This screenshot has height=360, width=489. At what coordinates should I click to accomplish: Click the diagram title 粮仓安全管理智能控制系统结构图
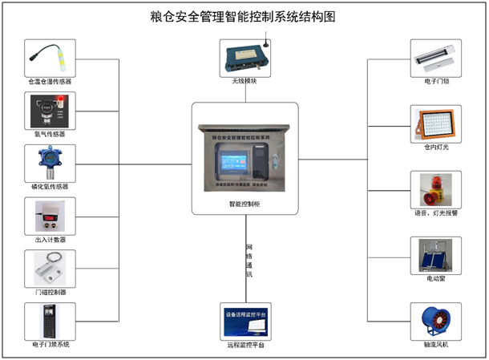[243, 15]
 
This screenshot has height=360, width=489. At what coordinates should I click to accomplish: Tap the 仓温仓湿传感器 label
[51, 82]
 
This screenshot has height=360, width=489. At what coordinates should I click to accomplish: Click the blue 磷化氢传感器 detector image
[50, 164]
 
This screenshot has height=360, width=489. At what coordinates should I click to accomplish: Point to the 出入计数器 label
[51, 239]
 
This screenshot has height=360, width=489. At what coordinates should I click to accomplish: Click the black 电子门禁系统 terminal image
[50, 321]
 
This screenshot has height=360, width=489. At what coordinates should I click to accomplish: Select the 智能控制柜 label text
[244, 204]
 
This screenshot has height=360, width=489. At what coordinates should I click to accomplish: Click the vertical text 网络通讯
[249, 257]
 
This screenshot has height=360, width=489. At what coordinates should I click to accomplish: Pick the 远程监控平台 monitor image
[248, 321]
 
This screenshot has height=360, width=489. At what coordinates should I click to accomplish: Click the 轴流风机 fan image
[436, 322]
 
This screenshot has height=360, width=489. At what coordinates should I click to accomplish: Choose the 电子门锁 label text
[437, 82]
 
